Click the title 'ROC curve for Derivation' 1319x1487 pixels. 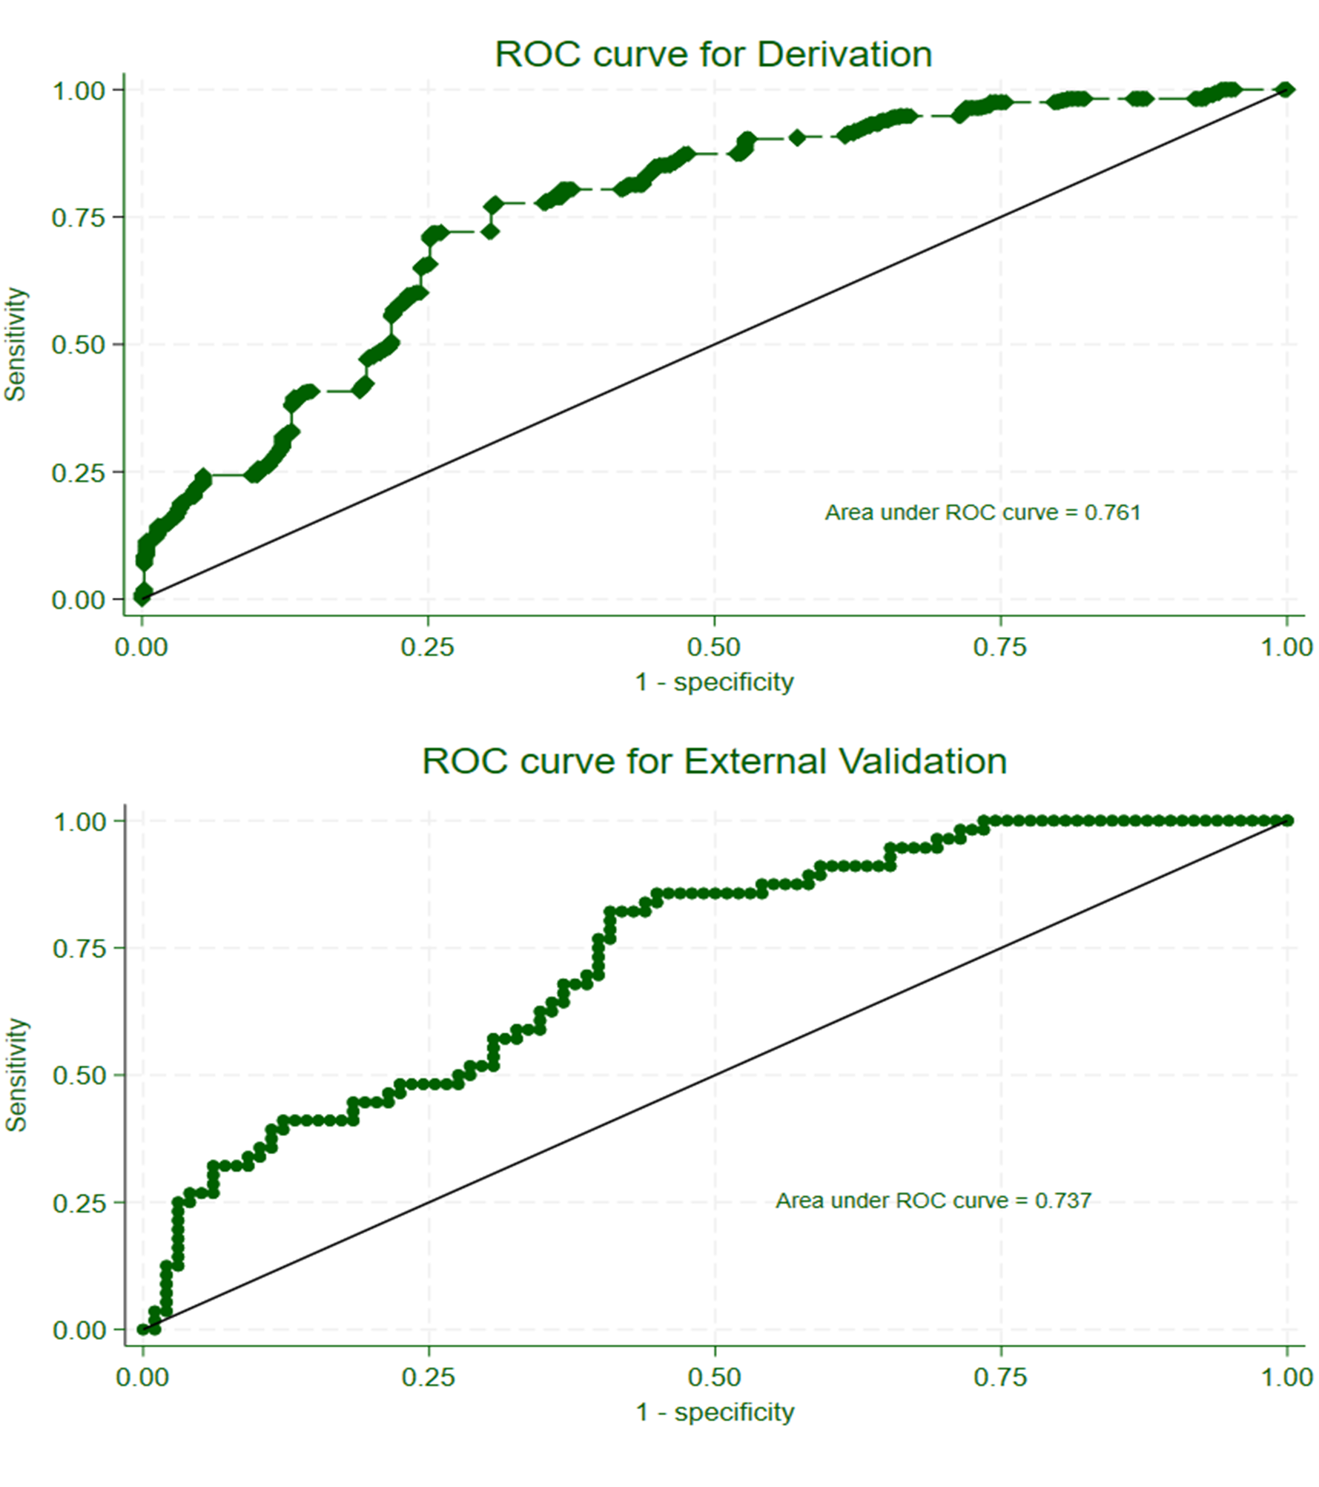(x=713, y=54)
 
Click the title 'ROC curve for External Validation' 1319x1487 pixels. (x=714, y=761)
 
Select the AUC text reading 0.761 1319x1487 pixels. (x=982, y=512)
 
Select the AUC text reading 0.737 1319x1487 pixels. (x=933, y=1200)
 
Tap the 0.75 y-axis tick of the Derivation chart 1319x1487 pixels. (x=78, y=218)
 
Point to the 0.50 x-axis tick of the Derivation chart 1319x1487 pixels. (x=714, y=647)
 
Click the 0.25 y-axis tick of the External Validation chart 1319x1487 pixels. (x=79, y=1203)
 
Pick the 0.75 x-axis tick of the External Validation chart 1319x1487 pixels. (x=1000, y=1377)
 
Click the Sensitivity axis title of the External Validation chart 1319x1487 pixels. (x=16, y=1075)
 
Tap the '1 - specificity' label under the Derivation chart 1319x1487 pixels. (x=714, y=682)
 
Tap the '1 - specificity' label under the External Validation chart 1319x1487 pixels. (x=715, y=1412)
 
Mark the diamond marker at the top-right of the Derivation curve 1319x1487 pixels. (x=1286, y=90)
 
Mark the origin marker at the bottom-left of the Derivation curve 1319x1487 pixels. (x=142, y=593)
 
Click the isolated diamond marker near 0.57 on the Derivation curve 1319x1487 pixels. (x=797, y=137)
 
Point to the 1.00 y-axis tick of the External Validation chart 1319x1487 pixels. (x=80, y=822)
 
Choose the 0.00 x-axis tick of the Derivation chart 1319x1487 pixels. (x=142, y=647)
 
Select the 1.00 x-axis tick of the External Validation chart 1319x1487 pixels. (x=1287, y=1377)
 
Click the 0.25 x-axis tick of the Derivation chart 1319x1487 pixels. (x=428, y=647)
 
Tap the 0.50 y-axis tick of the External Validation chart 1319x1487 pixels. (x=79, y=1075)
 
